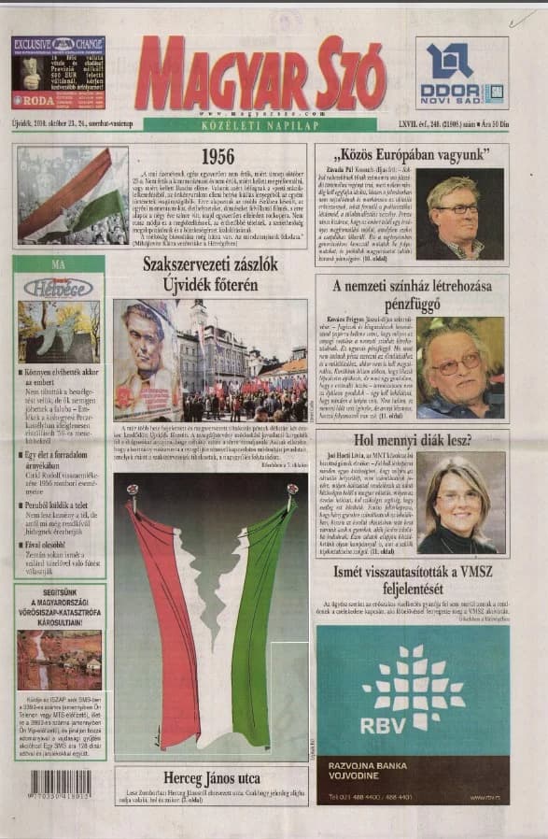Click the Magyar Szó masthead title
(260, 74)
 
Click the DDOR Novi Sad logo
(461, 74)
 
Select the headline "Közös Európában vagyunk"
(412, 153)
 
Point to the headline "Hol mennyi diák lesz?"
(412, 440)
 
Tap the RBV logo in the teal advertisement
(412, 696)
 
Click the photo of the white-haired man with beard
(460, 368)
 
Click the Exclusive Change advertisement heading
(58, 43)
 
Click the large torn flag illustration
(211, 617)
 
